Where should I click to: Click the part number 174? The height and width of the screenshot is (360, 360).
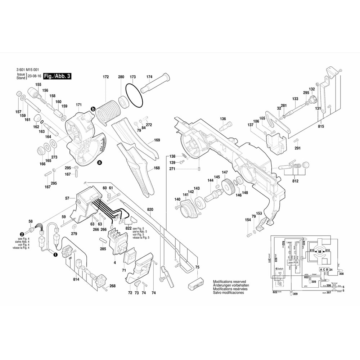point(149,77)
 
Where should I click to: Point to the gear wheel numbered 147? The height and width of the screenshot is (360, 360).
point(228,188)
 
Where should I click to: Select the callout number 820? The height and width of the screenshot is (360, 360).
point(150,209)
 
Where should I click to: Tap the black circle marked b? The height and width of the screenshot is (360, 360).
point(93,109)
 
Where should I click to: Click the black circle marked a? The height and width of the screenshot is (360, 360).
point(99,163)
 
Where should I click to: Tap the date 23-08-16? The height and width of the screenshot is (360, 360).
point(35,76)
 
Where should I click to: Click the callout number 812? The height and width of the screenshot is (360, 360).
point(295,181)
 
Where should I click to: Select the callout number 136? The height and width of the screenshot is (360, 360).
point(223,119)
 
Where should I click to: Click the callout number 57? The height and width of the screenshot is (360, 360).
point(67,198)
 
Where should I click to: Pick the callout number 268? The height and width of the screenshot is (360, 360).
point(113,286)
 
